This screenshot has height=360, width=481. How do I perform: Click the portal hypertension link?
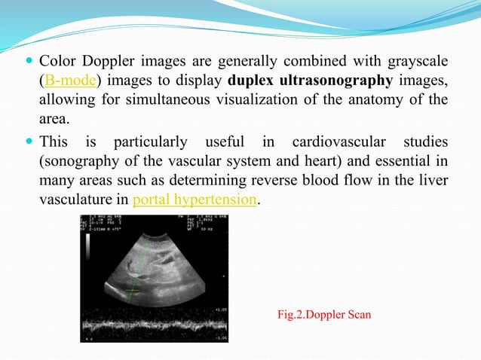point(195,201)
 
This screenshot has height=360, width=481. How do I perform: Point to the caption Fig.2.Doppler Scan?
point(325,314)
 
